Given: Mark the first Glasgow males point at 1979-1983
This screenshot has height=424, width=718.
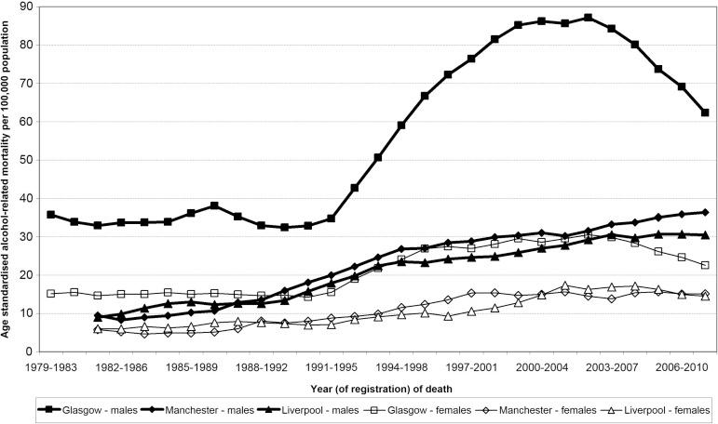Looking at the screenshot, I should (51, 215).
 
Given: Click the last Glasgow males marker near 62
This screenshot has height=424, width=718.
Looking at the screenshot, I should (705, 113).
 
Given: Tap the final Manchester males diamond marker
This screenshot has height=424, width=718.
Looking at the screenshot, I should (705, 212).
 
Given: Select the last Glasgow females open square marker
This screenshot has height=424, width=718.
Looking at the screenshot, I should (705, 265).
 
